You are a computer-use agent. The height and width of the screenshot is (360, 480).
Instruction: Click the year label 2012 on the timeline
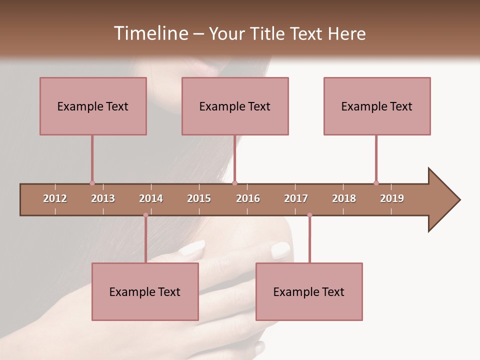click(55, 198)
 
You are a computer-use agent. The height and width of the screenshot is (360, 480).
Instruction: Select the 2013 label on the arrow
click(103, 198)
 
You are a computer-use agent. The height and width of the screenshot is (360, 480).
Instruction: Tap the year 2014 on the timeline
click(151, 198)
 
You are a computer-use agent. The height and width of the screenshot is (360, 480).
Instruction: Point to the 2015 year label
click(199, 198)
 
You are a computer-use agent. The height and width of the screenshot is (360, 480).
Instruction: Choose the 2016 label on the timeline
click(248, 198)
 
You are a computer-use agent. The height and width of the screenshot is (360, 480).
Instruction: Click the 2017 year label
click(296, 198)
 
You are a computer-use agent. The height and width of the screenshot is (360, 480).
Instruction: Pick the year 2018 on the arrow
click(344, 198)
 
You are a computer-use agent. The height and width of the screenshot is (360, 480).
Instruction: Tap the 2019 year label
click(392, 198)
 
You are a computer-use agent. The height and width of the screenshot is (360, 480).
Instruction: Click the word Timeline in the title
click(149, 33)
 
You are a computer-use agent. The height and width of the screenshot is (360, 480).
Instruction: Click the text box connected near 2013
click(93, 106)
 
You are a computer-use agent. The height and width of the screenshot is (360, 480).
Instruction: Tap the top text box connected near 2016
click(235, 106)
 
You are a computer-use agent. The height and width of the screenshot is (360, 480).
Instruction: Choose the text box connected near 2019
click(377, 106)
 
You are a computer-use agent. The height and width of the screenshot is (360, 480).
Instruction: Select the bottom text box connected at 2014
click(145, 291)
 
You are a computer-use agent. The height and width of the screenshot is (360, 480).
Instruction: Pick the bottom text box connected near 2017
click(309, 291)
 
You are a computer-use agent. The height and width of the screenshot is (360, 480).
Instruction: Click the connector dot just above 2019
click(376, 183)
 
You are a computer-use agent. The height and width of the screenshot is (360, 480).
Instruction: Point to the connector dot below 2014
click(145, 215)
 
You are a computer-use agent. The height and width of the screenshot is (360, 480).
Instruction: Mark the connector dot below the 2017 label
click(309, 215)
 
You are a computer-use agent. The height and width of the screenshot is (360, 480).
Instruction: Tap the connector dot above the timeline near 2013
click(92, 183)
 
